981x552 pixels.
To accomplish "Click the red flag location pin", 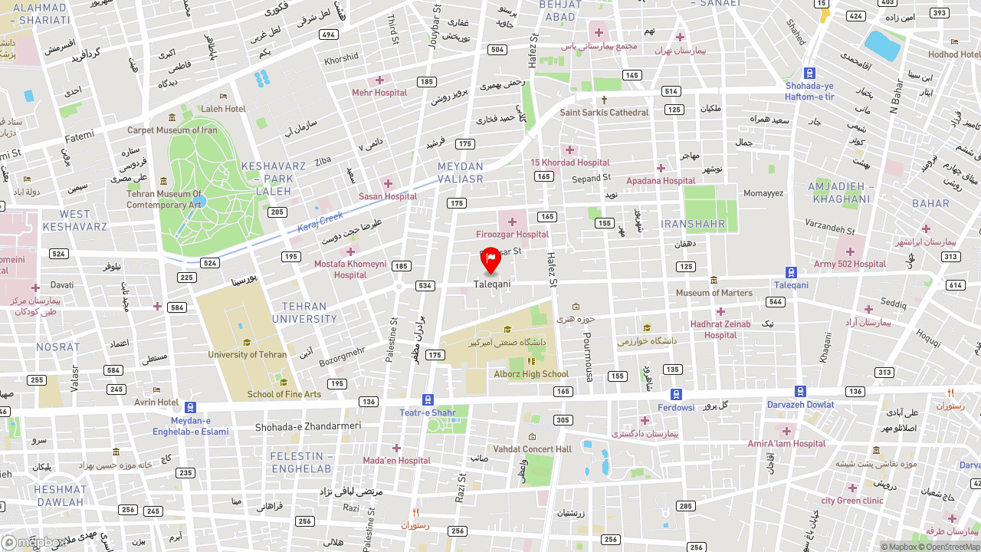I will click(490, 261).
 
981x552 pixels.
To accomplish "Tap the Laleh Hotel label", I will click(223, 109).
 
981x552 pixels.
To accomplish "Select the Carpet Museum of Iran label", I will click(172, 130).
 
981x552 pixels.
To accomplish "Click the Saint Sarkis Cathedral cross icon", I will click(604, 100).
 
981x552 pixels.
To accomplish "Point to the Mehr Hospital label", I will click(379, 93).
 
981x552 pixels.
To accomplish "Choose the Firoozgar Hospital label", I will click(512, 235).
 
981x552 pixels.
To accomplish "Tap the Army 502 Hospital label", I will click(849, 264).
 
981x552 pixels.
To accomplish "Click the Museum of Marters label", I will click(714, 293).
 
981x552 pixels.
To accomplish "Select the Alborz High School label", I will click(531, 374).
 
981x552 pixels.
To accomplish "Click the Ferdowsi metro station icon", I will click(676, 394).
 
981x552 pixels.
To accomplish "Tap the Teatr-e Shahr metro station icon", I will click(428, 399).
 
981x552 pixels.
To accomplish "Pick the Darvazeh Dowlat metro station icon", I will click(800, 392).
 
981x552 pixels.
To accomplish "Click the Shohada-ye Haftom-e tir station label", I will click(809, 91).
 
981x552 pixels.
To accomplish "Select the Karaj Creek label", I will click(320, 224).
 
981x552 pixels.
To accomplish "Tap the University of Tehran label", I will click(247, 355).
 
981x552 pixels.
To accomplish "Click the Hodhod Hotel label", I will click(953, 54).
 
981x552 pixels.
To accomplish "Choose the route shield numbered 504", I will click(497, 50).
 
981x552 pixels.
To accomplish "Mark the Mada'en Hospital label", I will click(396, 461).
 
